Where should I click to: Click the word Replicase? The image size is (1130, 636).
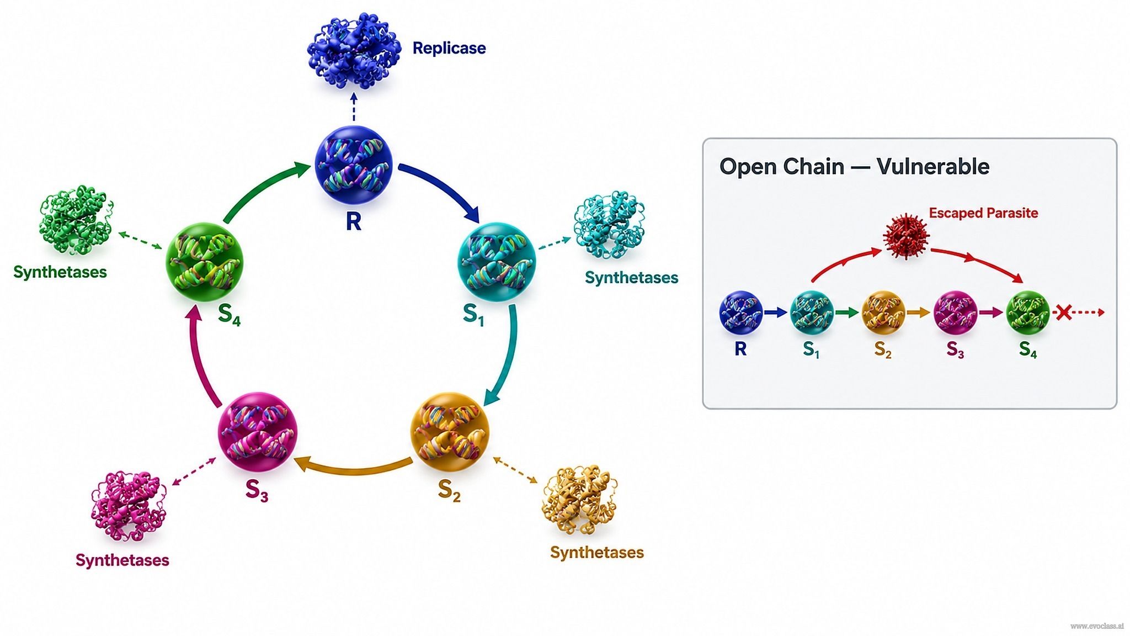(x=449, y=48)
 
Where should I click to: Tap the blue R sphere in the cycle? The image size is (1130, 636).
(x=354, y=165)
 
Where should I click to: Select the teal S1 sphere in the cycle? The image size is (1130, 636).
(x=497, y=261)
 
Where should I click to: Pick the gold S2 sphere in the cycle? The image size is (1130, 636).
(x=450, y=432)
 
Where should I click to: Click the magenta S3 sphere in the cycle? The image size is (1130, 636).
(x=258, y=432)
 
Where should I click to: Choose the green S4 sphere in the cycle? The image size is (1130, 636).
(x=205, y=262)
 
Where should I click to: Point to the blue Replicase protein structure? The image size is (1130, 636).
(x=354, y=51)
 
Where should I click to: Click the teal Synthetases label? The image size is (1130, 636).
(x=631, y=277)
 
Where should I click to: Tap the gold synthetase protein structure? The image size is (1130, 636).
(x=579, y=500)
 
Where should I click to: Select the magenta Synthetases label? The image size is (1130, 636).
(x=122, y=560)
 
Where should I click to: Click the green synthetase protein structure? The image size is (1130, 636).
(x=76, y=220)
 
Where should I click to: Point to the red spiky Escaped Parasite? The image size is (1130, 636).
(x=906, y=236)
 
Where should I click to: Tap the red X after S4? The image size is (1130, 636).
(x=1063, y=312)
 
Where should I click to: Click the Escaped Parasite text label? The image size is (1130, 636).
(x=983, y=213)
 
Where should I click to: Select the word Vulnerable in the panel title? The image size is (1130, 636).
(x=933, y=166)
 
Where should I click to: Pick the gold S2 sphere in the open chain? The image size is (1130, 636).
(x=883, y=312)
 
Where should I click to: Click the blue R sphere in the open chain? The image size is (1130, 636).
(x=741, y=312)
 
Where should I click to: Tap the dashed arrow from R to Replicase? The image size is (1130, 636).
(x=354, y=107)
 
